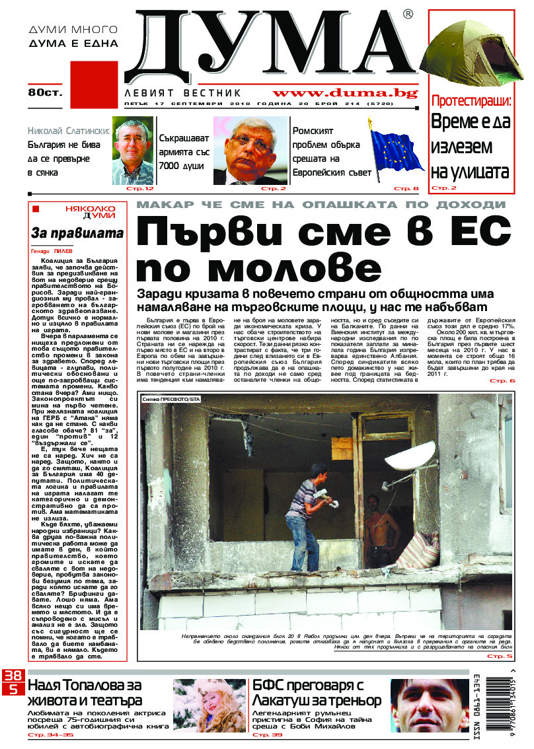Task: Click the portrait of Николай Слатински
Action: tap(133, 150)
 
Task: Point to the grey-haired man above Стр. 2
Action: tap(250, 150)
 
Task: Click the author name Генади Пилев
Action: tap(55, 252)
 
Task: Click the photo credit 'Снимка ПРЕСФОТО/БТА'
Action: tap(171, 400)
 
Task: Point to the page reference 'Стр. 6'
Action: tap(502, 381)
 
